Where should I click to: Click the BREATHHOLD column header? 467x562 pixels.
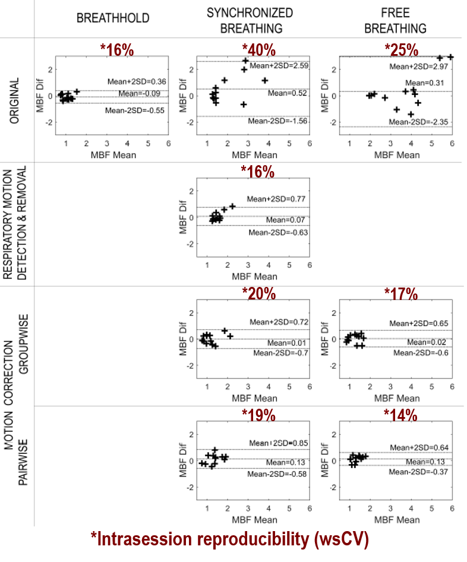pos(113,18)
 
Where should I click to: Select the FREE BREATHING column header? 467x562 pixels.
pos(395,20)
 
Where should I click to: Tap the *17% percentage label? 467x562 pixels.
pos(401,293)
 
